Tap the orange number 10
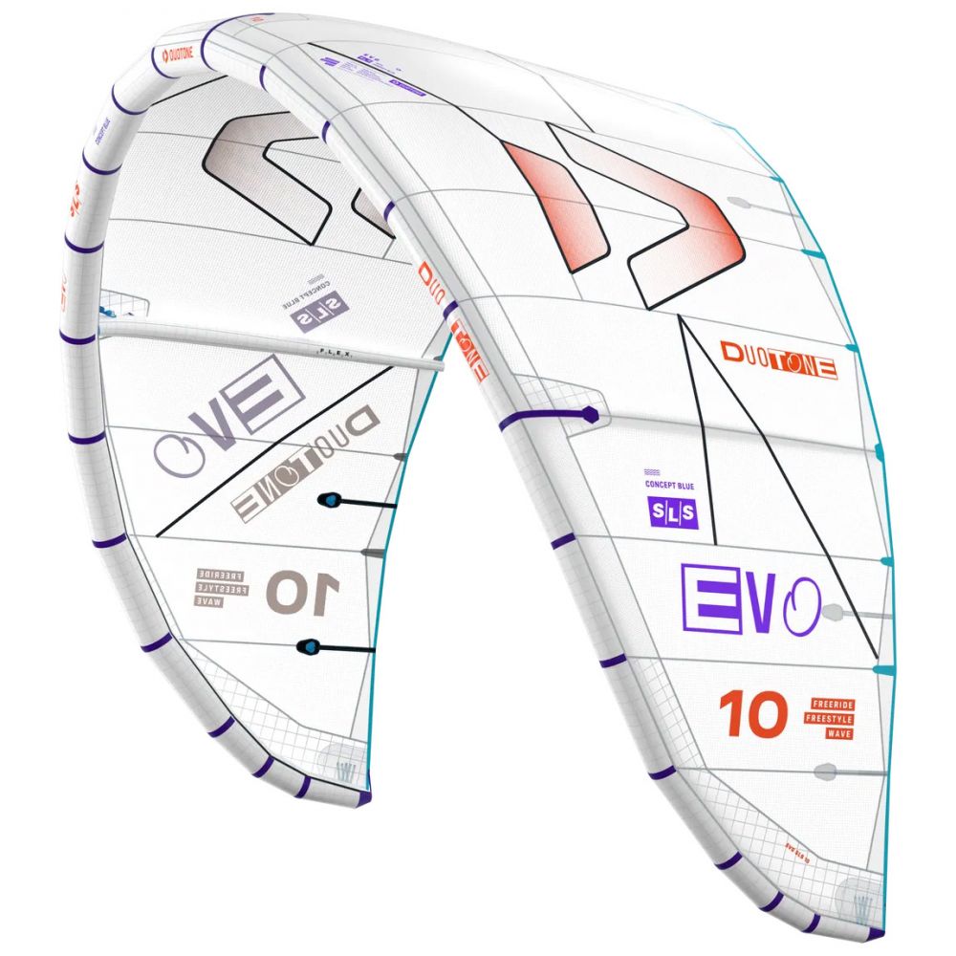coord(754,714)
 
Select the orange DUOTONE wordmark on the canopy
coord(779,359)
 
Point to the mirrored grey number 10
coord(302,591)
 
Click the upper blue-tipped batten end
coord(328,499)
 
